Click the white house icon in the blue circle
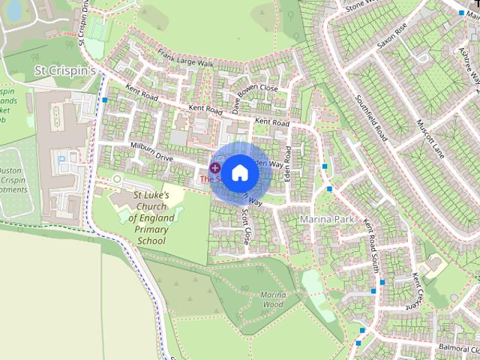239,172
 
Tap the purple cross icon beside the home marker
215,168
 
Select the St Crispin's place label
67,70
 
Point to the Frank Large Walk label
186,60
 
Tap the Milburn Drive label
151,152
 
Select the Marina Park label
325,219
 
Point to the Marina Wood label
272,299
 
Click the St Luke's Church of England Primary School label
151,218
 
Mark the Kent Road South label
371,247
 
